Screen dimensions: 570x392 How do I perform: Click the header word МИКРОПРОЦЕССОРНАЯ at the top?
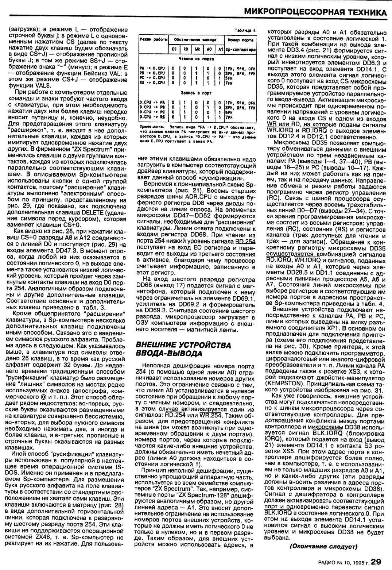(295, 12)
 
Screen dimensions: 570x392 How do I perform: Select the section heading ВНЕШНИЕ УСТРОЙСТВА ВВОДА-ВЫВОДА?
(183, 349)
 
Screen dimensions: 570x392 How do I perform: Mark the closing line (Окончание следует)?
(323, 546)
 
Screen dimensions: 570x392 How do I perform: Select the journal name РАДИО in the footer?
(328, 562)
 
